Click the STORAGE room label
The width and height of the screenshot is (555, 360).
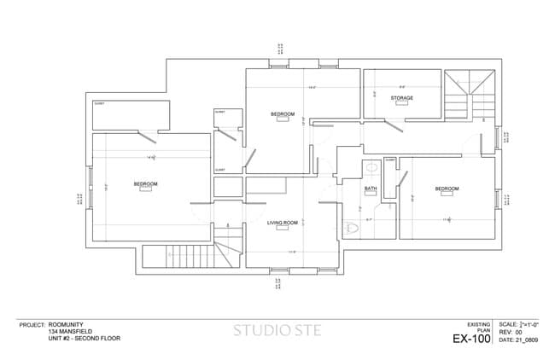[x=402, y=98]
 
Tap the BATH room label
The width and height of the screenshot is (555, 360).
[x=371, y=189]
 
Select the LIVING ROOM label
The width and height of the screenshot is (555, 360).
[x=283, y=223]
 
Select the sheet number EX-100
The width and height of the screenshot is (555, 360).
[x=471, y=339]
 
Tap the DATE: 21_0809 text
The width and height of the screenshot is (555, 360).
[x=518, y=340]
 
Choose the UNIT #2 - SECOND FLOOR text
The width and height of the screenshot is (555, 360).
[x=85, y=339]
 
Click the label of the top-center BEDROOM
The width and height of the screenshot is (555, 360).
[x=283, y=114]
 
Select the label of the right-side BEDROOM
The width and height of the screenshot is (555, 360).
[x=447, y=188]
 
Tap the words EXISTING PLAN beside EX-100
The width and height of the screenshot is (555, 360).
[x=478, y=327]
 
